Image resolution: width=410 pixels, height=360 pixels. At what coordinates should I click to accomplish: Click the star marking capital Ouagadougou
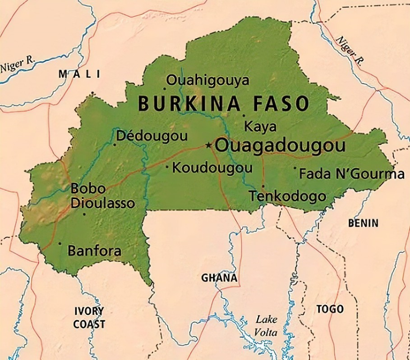tap(208, 145)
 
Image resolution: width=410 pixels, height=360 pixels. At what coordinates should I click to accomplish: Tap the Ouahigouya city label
tap(207, 81)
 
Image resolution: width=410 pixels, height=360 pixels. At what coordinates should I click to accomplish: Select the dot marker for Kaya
tap(244, 115)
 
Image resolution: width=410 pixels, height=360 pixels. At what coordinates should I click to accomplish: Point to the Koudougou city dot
tap(167, 168)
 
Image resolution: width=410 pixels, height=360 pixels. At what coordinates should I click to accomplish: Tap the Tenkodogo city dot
tap(263, 186)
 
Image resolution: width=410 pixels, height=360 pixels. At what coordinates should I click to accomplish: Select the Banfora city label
tap(94, 251)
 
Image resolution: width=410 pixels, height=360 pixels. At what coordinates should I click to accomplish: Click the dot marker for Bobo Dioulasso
tap(84, 214)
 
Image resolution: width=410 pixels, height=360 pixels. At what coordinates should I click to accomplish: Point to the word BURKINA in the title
tap(189, 104)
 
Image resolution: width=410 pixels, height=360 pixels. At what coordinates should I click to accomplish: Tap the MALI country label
tap(79, 74)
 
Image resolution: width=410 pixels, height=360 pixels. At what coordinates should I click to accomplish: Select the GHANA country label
tap(219, 278)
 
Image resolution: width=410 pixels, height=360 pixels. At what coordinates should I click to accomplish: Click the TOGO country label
tap(330, 309)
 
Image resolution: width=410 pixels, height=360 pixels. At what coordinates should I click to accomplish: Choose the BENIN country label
tap(363, 223)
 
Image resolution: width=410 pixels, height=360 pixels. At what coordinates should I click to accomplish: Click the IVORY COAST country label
tap(89, 318)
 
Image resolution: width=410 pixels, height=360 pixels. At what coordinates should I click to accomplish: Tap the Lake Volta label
tap(266, 326)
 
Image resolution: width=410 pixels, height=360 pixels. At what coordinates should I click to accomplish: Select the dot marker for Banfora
tap(60, 243)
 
